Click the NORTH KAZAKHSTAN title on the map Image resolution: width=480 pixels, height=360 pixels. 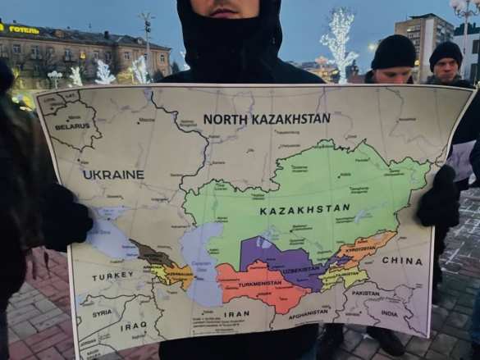click(267, 119)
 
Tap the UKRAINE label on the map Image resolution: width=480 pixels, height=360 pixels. click(113, 175)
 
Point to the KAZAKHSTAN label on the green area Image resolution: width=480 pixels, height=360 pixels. click(304, 210)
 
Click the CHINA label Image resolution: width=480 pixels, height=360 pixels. click(402, 261)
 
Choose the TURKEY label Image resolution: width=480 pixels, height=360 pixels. click(112, 276)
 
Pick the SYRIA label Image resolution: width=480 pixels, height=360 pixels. click(102, 313)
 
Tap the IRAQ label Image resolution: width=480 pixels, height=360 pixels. click(133, 326)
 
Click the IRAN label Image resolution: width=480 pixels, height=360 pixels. click(236, 314)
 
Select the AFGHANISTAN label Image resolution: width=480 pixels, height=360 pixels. click(309, 312)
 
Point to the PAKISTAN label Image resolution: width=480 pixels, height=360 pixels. click(366, 293)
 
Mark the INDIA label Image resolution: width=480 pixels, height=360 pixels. click(389, 313)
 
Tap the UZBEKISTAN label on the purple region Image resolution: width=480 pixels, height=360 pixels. click(300, 270)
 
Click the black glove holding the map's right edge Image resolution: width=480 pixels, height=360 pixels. click(439, 199)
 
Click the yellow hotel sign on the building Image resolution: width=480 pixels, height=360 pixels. click(24, 30)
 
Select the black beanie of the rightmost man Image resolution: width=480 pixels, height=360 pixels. click(446, 54)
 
